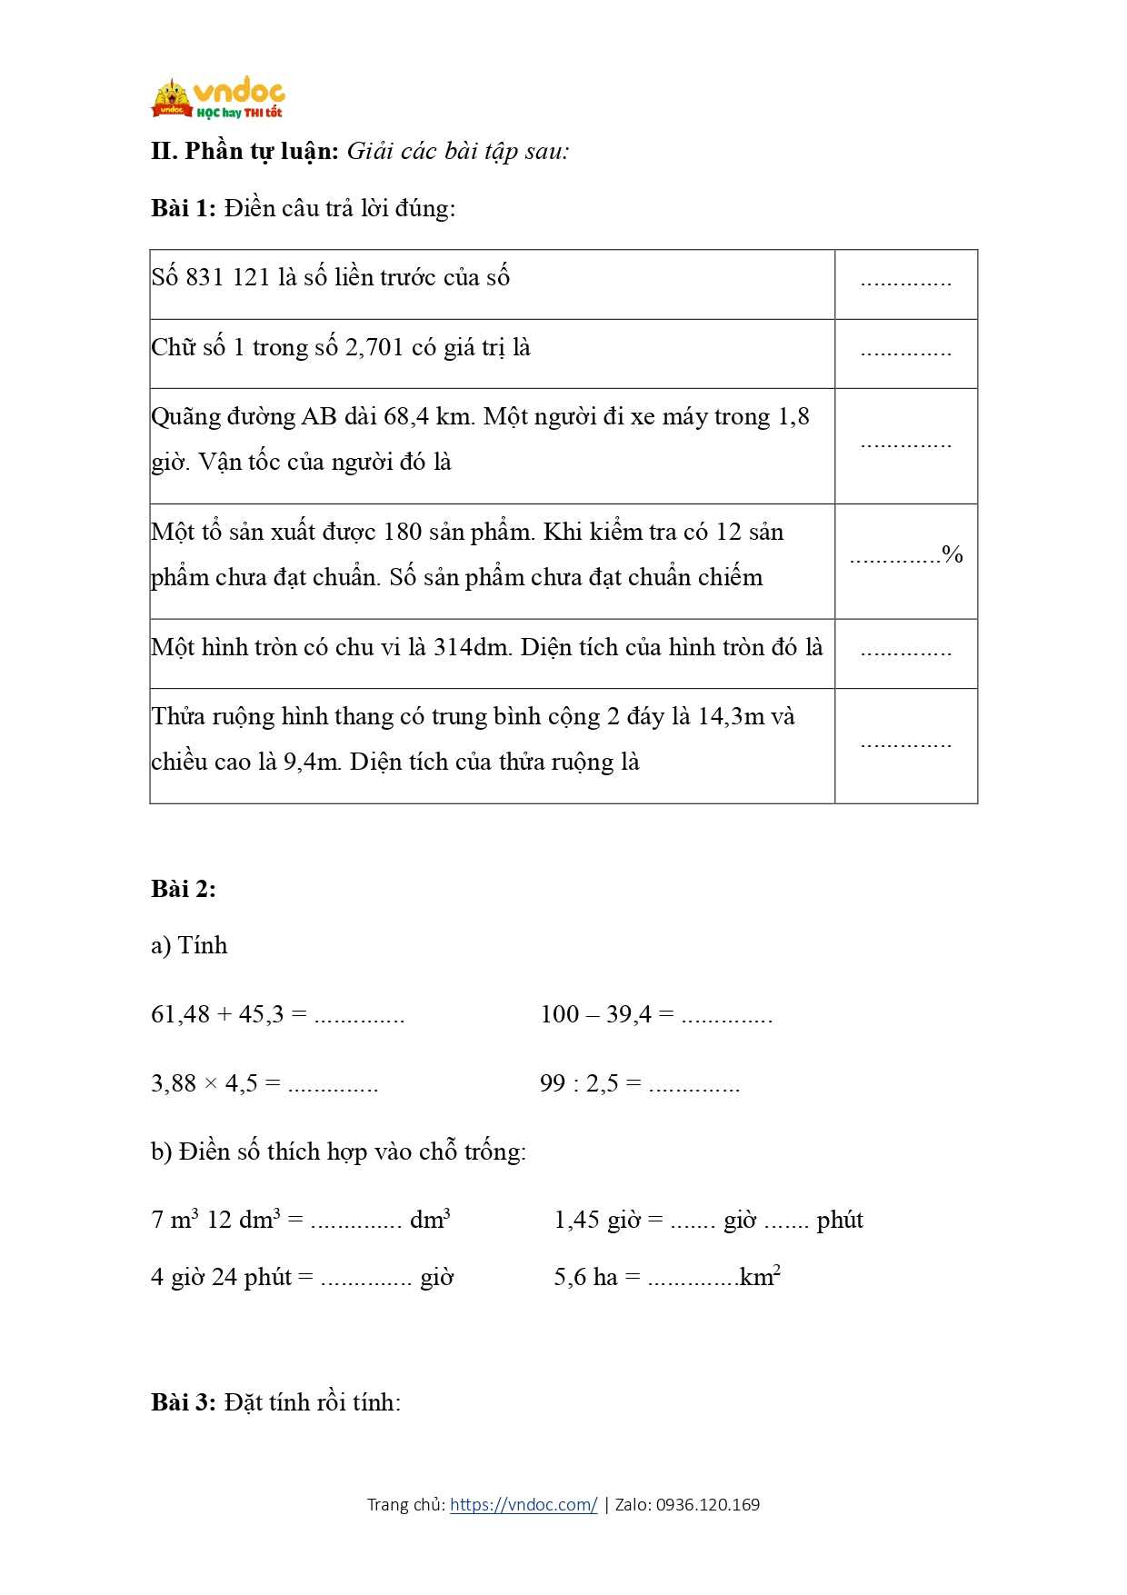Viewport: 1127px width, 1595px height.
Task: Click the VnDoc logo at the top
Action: click(x=218, y=99)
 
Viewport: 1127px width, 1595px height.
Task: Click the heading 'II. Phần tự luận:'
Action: click(x=244, y=151)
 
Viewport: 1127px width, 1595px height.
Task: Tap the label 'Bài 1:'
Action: click(x=184, y=208)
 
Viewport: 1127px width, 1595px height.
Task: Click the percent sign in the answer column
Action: click(x=952, y=553)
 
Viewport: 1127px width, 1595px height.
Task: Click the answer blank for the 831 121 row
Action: click(x=905, y=283)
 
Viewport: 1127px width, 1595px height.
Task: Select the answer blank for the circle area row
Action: click(x=905, y=653)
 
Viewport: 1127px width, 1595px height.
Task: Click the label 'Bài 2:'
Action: click(x=184, y=889)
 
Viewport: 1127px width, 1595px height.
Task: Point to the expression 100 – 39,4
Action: click(x=595, y=1013)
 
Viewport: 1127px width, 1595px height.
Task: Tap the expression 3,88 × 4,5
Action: click(x=204, y=1083)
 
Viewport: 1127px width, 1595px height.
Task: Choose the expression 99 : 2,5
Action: click(x=579, y=1083)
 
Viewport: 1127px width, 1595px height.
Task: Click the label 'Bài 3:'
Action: click(x=184, y=1402)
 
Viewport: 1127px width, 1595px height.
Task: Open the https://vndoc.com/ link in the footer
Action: click(x=524, y=1504)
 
